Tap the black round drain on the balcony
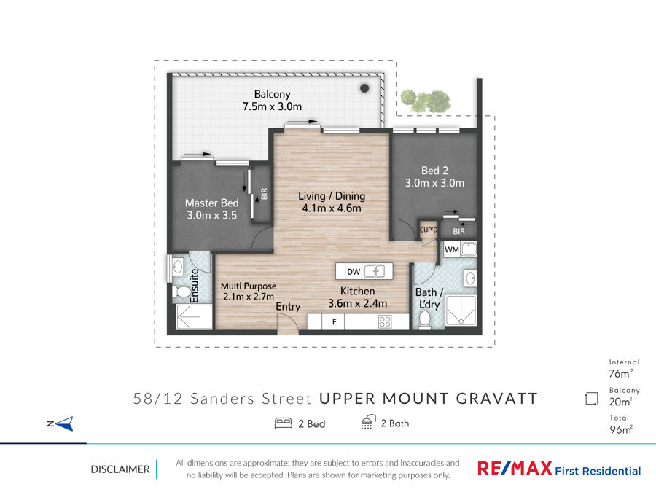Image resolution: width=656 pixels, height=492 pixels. [x=364, y=88]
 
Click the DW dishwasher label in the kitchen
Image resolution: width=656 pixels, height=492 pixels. [x=354, y=272]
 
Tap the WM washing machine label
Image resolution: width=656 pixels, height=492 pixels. [x=452, y=250]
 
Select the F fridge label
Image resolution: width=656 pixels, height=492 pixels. [x=334, y=322]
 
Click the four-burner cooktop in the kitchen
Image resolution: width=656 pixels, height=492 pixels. [x=385, y=321]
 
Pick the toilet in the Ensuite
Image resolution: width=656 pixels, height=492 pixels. [x=182, y=292]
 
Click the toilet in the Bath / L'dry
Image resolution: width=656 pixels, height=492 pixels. [x=424, y=321]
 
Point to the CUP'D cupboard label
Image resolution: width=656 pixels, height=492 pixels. [x=429, y=230]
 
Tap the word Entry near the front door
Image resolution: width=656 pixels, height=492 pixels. [x=288, y=307]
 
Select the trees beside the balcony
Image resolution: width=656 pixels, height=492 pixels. [x=426, y=101]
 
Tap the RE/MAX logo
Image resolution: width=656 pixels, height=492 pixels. [x=515, y=468]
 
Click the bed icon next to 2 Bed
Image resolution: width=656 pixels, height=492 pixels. [x=284, y=423]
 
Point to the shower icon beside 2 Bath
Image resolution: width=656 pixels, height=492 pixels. [x=368, y=422]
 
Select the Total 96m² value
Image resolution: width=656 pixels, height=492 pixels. [x=621, y=429]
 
